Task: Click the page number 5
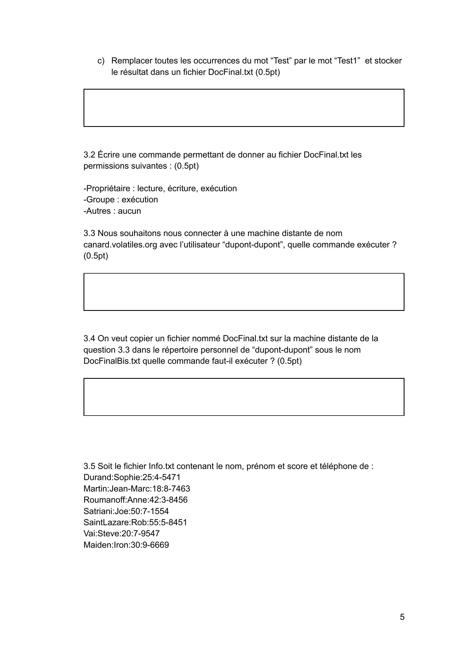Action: (x=402, y=617)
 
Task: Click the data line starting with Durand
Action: (x=132, y=477)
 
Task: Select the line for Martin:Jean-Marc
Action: (x=136, y=489)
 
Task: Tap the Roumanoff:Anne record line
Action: (x=135, y=500)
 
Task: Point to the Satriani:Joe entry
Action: (x=126, y=511)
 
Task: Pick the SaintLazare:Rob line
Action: (x=135, y=522)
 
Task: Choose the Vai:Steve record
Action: (x=121, y=534)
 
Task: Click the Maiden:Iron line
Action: (x=126, y=545)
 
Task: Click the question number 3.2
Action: (x=89, y=155)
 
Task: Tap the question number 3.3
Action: (x=89, y=233)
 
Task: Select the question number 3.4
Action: (x=89, y=338)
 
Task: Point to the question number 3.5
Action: (x=89, y=466)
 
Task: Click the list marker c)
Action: (x=101, y=61)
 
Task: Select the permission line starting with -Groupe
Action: (x=121, y=200)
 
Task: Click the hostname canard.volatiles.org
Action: (x=120, y=245)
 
